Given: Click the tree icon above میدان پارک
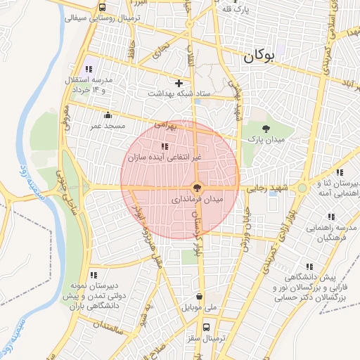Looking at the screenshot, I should click(x=265, y=128).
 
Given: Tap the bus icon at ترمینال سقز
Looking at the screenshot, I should click(x=207, y=328).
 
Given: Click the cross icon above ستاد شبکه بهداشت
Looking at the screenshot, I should click(x=179, y=83).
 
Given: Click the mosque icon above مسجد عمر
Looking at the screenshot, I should click(x=107, y=115).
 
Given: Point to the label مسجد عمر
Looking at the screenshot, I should click(x=107, y=126).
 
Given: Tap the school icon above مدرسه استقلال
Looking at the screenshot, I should click(x=89, y=69).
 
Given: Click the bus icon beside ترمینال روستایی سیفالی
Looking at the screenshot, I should click(x=103, y=8).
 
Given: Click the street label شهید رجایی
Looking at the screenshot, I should click(x=264, y=189).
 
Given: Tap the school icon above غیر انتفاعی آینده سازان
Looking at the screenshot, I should click(x=165, y=146).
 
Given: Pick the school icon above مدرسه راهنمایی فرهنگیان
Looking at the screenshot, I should click(x=331, y=216).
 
